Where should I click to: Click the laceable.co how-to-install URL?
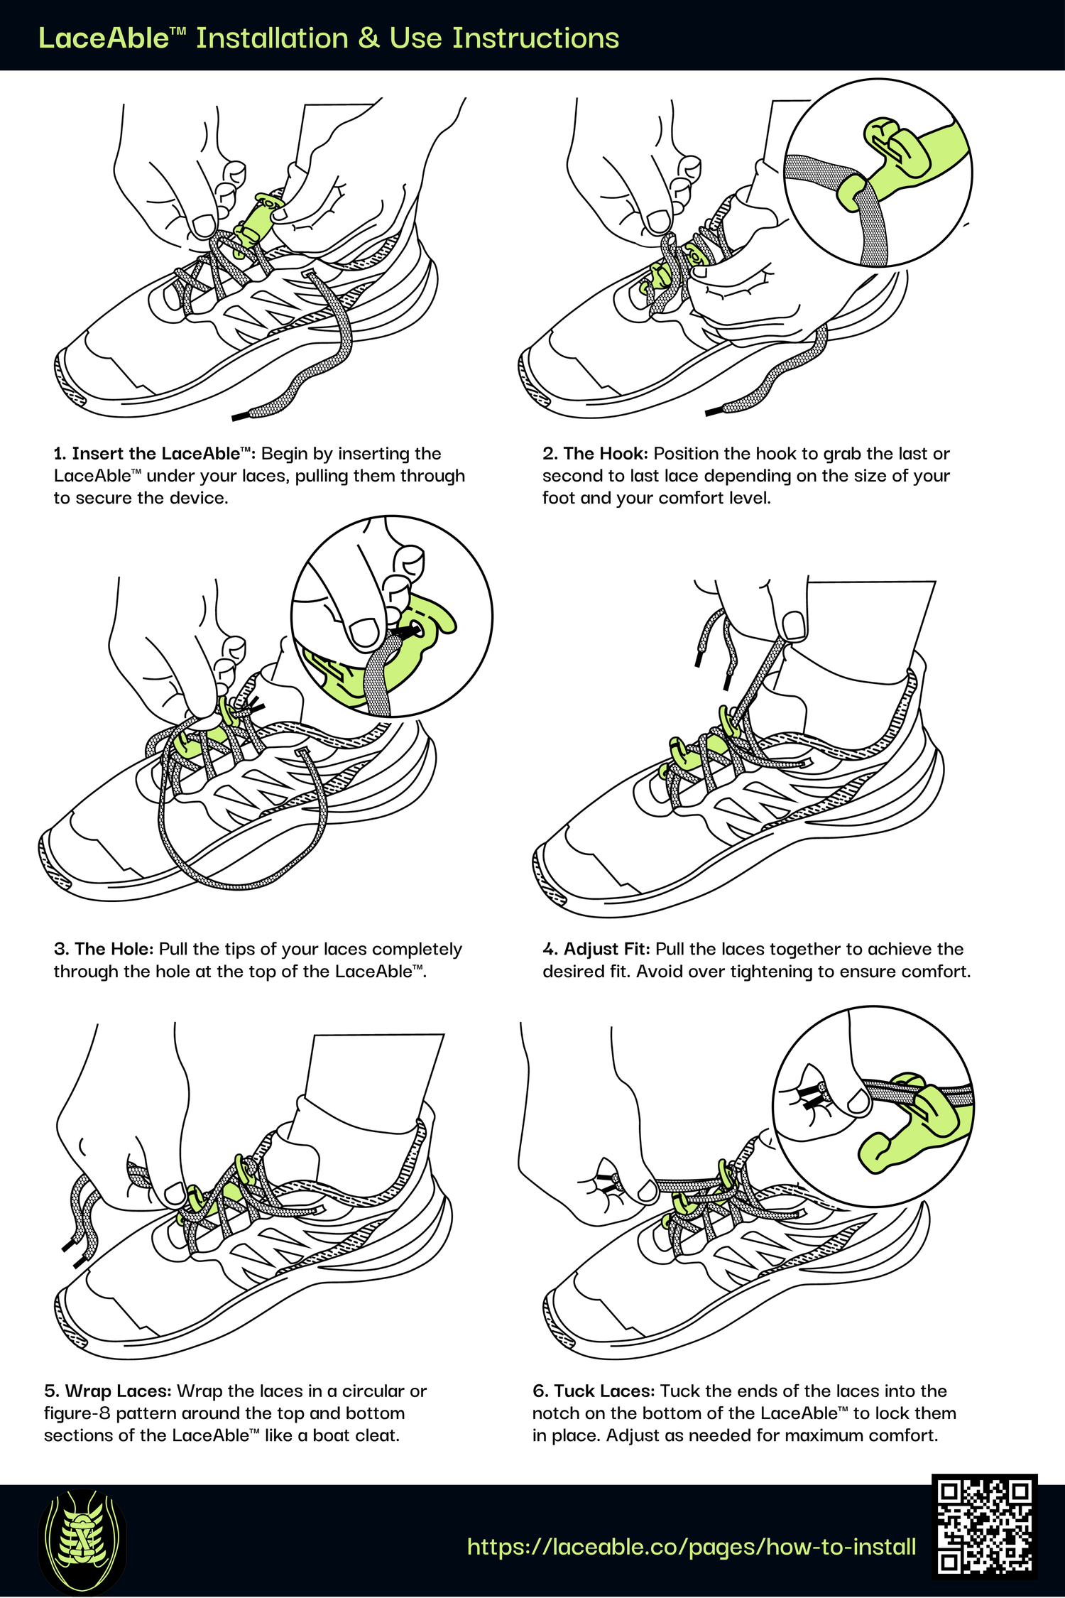(692, 1547)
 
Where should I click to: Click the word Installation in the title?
(272, 38)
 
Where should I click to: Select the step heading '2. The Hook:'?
(595, 454)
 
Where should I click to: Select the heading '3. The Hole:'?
(104, 949)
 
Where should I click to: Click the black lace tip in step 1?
(242, 416)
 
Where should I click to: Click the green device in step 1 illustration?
(256, 220)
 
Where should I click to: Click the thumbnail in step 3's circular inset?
(365, 631)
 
